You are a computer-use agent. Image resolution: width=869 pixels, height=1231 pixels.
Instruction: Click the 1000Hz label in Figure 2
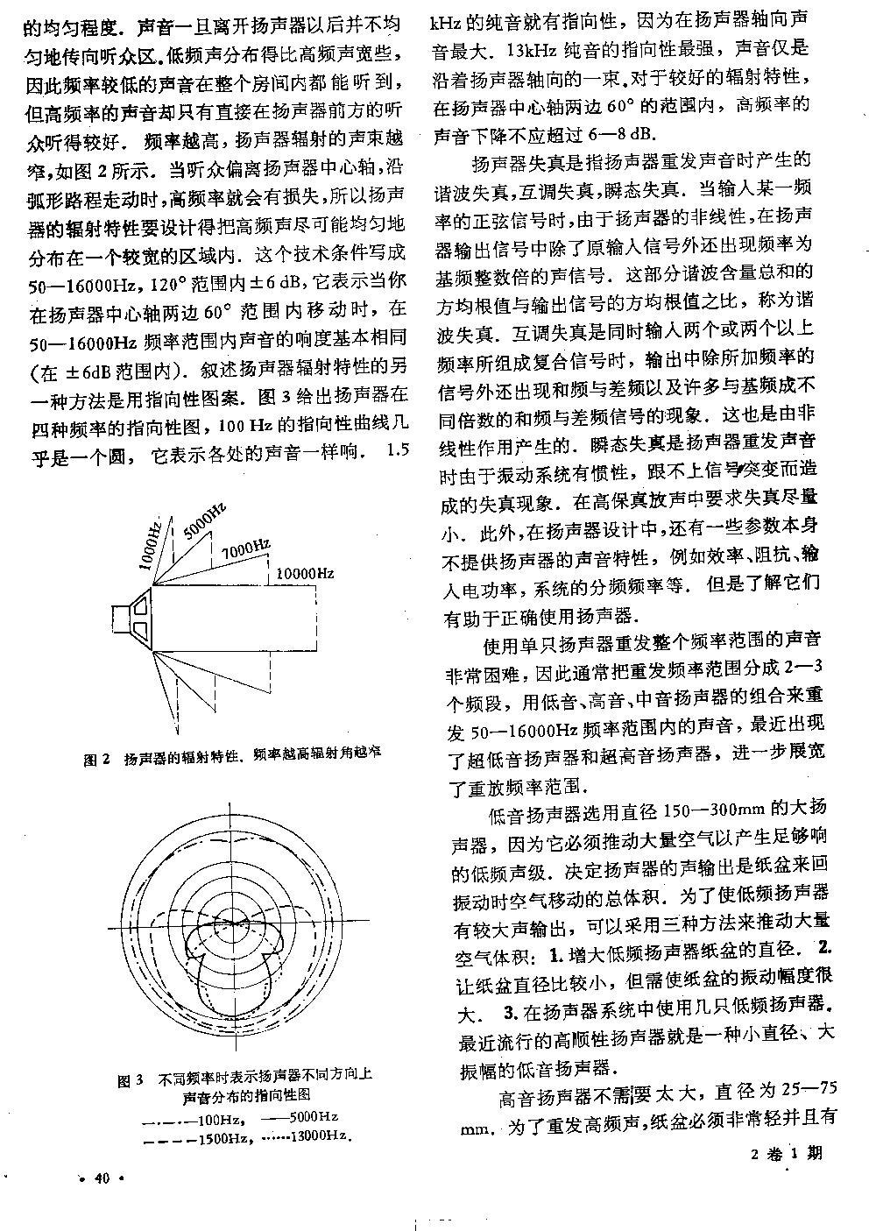(151, 548)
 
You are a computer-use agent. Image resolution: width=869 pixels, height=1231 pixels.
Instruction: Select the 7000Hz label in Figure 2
(245, 551)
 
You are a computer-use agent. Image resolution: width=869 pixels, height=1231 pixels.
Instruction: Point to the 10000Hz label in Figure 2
(304, 573)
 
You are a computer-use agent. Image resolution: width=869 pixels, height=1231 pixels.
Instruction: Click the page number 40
(102, 1179)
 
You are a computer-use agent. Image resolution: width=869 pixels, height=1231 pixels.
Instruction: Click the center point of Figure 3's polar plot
(230, 930)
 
